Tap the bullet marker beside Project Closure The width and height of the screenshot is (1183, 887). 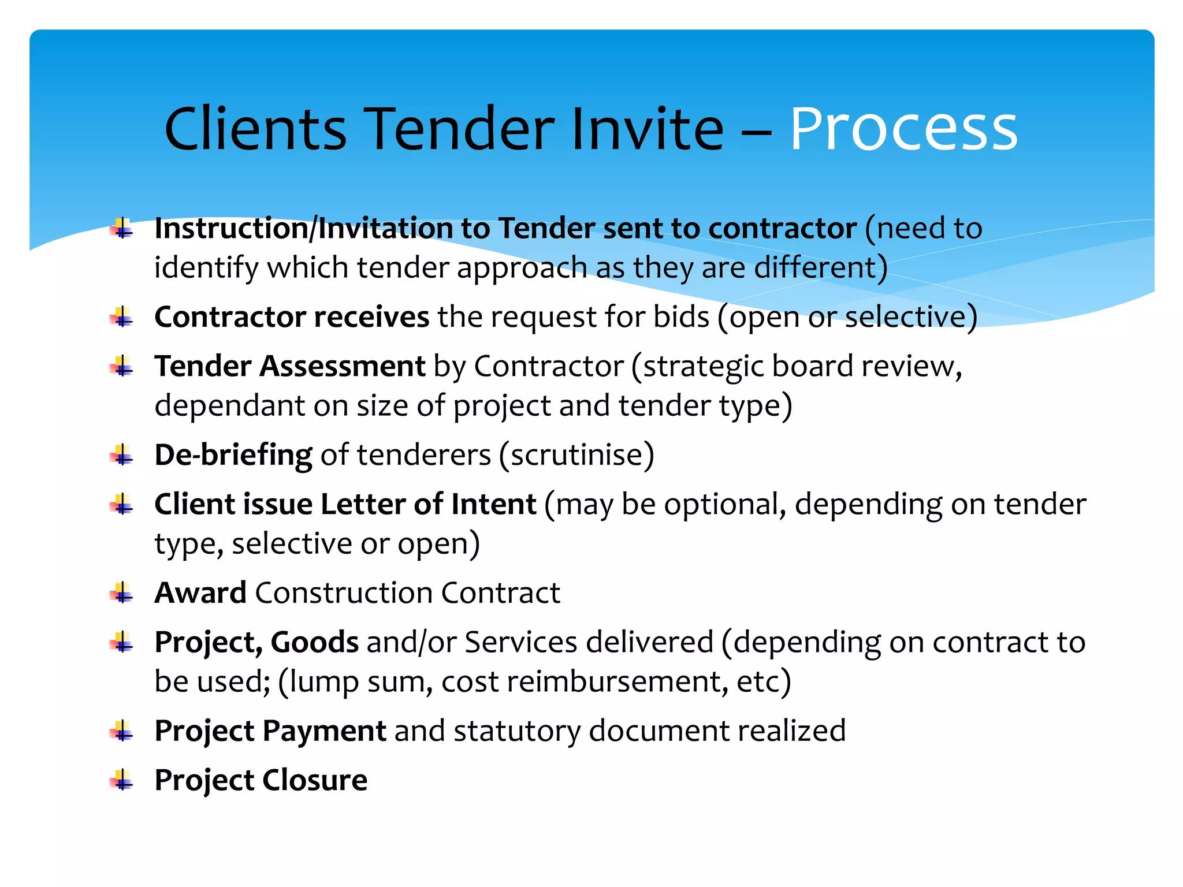[122, 781]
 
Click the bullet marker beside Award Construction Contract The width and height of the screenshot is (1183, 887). [122, 594]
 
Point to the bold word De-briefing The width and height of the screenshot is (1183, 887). [233, 455]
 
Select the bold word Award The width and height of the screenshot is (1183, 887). [200, 593]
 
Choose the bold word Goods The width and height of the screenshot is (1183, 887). [314, 642]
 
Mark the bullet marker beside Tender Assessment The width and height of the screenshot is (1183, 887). [122, 367]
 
